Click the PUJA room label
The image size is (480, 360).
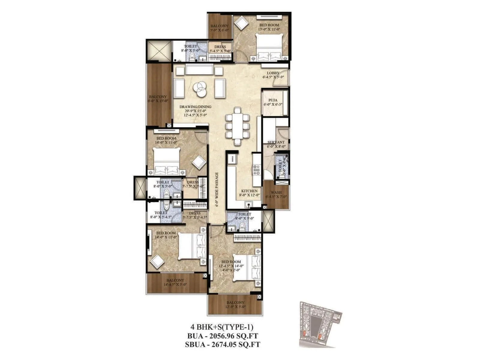click(273, 100)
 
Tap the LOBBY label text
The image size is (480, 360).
click(273, 73)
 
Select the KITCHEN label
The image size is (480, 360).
click(249, 191)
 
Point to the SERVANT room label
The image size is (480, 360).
click(276, 142)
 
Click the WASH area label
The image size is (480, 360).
click(276, 193)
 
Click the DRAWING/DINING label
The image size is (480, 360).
click(195, 107)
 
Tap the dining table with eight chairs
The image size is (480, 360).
click(237, 126)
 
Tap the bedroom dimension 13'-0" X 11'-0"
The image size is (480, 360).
click(269, 29)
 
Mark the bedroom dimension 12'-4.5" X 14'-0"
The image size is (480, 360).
click(231, 266)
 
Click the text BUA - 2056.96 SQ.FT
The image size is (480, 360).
click(222, 336)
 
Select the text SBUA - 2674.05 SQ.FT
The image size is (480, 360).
click(222, 344)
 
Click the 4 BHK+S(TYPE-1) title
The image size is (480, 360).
click(222, 327)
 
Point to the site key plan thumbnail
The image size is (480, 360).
click(320, 324)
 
